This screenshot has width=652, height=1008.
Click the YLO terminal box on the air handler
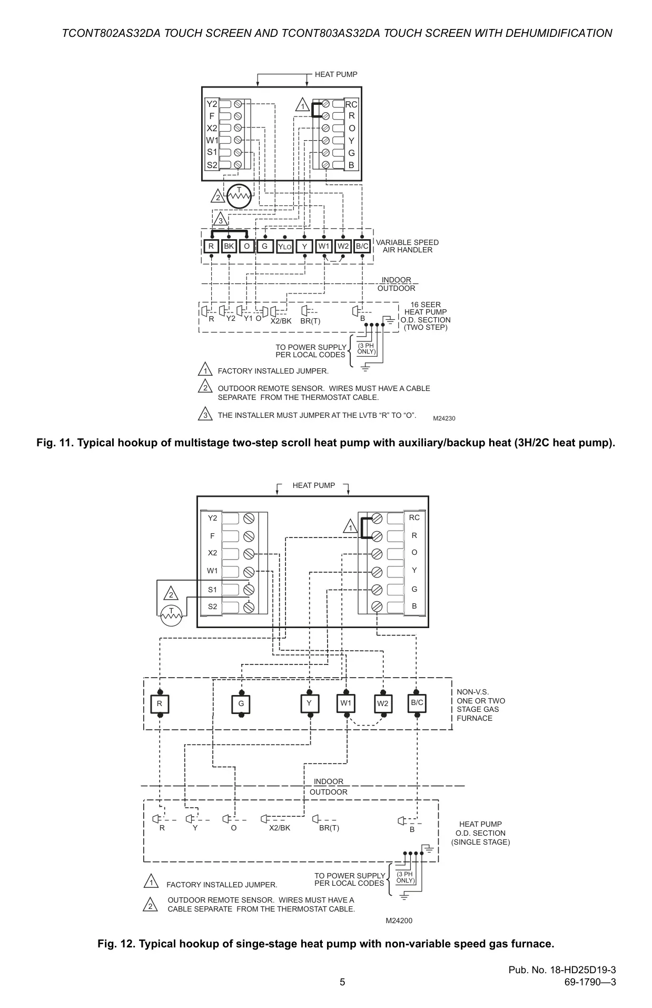coord(284,247)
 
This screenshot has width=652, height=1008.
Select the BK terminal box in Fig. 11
coord(229,246)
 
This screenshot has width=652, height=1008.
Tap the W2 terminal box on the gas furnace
coord(383,704)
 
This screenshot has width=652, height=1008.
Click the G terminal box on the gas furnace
coord(241,704)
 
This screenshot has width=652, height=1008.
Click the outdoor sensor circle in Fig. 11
coord(239,196)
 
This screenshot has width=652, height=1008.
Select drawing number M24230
coord(444,418)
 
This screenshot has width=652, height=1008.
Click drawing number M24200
coord(399,921)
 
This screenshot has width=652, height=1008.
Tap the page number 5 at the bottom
coord(342,982)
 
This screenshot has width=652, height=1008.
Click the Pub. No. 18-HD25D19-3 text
coord(562,970)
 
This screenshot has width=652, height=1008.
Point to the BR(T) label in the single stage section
coord(329,828)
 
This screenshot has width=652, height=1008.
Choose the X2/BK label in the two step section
coord(281,321)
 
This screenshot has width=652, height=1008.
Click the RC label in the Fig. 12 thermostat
coord(414,517)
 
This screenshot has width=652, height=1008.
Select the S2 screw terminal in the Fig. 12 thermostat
coord(249,607)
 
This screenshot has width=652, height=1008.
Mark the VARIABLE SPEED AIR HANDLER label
coord(407,246)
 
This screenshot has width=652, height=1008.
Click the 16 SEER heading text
coord(426,305)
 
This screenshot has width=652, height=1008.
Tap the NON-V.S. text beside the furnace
coord(473,692)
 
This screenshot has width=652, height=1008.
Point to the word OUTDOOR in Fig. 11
coord(396,288)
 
